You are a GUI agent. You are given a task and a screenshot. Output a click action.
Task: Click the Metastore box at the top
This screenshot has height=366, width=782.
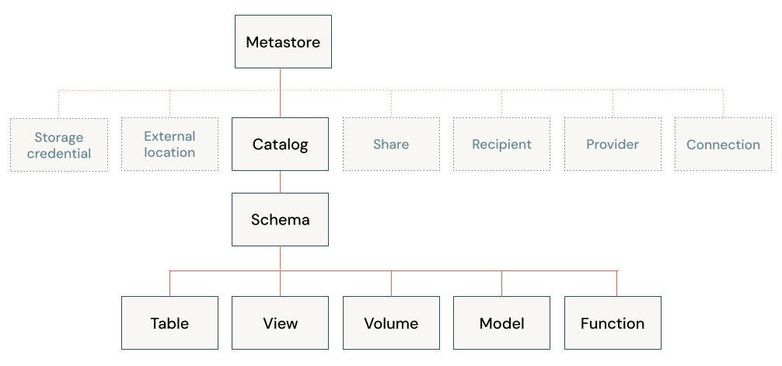283,41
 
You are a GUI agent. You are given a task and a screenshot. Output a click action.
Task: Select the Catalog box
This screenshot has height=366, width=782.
280,145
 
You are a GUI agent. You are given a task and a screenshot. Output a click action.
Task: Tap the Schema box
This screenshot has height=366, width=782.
280,220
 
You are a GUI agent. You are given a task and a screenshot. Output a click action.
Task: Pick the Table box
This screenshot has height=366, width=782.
169,323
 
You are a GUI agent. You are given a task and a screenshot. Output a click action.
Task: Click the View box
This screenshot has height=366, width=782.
280,323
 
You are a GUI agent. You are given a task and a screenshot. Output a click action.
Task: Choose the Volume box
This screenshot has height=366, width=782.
391,323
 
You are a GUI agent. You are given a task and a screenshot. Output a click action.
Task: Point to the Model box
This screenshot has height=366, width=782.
501,323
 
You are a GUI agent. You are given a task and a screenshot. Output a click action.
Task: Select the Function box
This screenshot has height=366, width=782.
613,323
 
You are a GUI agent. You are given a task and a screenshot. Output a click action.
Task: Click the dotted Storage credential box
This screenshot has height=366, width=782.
59,145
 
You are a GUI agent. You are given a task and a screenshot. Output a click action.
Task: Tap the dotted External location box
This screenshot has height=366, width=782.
169,145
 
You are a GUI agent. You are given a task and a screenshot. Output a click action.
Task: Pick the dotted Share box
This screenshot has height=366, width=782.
391,145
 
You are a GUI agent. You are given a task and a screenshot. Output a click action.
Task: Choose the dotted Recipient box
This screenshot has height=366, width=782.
501,145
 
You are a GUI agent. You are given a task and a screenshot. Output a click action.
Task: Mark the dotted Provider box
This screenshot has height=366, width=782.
613,145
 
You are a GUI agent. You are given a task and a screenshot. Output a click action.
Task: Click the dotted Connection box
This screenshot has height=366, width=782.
723,145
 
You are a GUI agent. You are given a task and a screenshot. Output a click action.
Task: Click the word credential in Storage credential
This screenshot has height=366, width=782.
59,153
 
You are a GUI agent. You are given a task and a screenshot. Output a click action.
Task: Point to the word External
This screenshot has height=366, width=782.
169,136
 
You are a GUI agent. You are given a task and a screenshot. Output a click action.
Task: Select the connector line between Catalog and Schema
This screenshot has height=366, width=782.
281,182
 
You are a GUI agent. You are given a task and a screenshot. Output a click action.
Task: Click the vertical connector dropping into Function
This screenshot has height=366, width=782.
617,284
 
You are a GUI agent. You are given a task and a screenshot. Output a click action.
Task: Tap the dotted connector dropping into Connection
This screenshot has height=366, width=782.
723,104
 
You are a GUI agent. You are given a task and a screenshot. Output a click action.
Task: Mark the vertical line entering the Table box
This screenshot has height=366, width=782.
169,284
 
